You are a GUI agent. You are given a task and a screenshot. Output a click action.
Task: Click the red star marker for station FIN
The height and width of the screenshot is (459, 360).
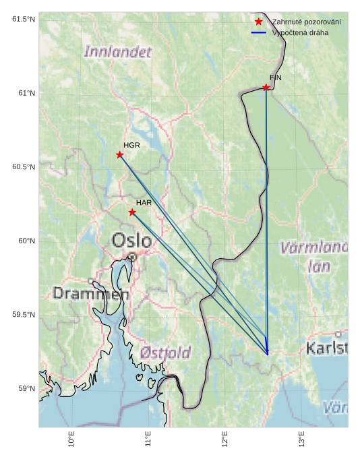pos(266,88)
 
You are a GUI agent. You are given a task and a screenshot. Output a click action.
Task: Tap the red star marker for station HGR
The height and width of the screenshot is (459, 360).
pos(120,155)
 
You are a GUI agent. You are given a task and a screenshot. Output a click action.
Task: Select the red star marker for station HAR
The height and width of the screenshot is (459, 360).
pos(132,212)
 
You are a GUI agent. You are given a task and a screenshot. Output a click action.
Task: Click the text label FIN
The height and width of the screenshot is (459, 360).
pos(276,78)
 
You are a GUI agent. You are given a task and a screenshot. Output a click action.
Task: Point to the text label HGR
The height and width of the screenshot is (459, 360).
pos(131,145)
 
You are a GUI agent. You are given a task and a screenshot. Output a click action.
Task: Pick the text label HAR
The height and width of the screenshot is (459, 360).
pos(144,202)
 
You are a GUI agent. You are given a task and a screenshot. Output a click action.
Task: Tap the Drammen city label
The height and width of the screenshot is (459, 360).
pos(91,294)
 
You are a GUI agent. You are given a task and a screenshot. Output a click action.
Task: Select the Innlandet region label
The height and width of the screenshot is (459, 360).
pos(117,51)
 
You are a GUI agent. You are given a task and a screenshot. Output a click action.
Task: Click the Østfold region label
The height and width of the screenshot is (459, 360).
pos(166,352)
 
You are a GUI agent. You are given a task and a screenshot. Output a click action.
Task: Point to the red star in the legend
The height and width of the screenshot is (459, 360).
pos(259,22)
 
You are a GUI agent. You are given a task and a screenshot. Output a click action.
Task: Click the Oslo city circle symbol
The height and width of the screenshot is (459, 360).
pos(133,257)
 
